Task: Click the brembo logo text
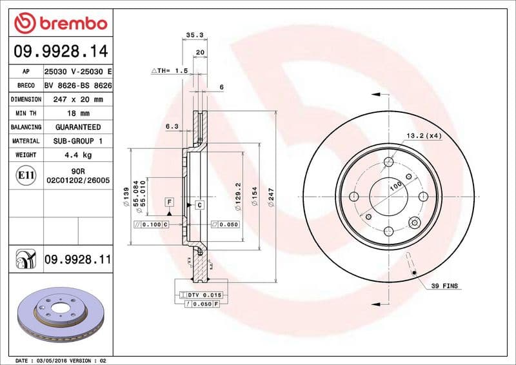(70, 25)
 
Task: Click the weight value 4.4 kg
(77, 155)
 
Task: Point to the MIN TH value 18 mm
(77, 113)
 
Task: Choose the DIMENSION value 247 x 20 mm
(77, 99)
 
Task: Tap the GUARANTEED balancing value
(77, 127)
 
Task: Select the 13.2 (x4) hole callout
(424, 135)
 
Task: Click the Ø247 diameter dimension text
(272, 195)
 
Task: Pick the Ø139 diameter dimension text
(126, 195)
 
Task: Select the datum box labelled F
(169, 202)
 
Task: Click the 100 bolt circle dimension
(395, 186)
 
